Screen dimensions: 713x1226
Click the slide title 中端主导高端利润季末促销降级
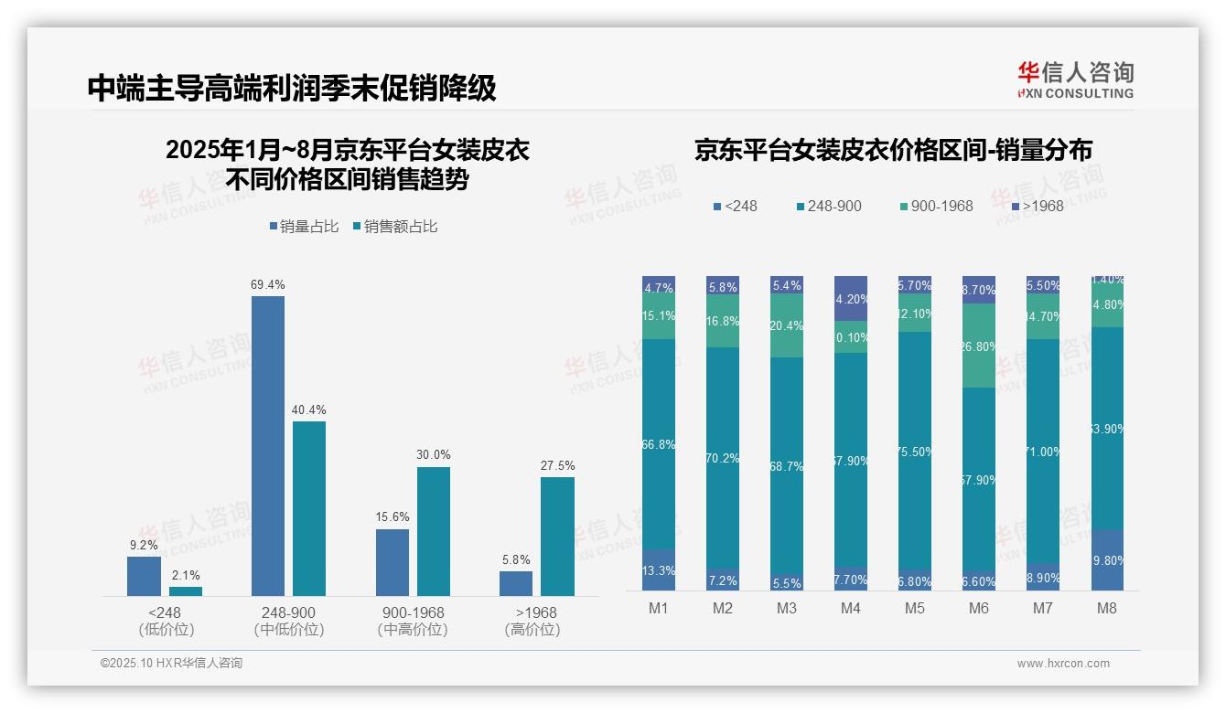point(292,88)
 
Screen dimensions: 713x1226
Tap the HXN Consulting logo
point(1075,80)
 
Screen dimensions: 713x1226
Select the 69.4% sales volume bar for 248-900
point(267,445)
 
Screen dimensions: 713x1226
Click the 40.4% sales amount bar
point(309,508)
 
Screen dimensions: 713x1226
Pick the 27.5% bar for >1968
point(557,537)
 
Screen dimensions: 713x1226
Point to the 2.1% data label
point(185,575)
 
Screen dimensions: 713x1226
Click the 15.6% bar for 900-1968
point(392,562)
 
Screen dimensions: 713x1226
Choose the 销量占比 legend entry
point(305,227)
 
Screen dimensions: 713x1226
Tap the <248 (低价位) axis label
point(167,621)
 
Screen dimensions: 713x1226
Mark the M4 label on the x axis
point(850,609)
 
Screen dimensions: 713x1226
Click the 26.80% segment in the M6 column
point(978,346)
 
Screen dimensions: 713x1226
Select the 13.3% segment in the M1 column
point(659,569)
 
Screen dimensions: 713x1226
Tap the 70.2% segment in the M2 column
point(723,457)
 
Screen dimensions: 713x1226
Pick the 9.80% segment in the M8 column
point(1106,559)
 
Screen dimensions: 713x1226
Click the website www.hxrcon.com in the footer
point(1063,664)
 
